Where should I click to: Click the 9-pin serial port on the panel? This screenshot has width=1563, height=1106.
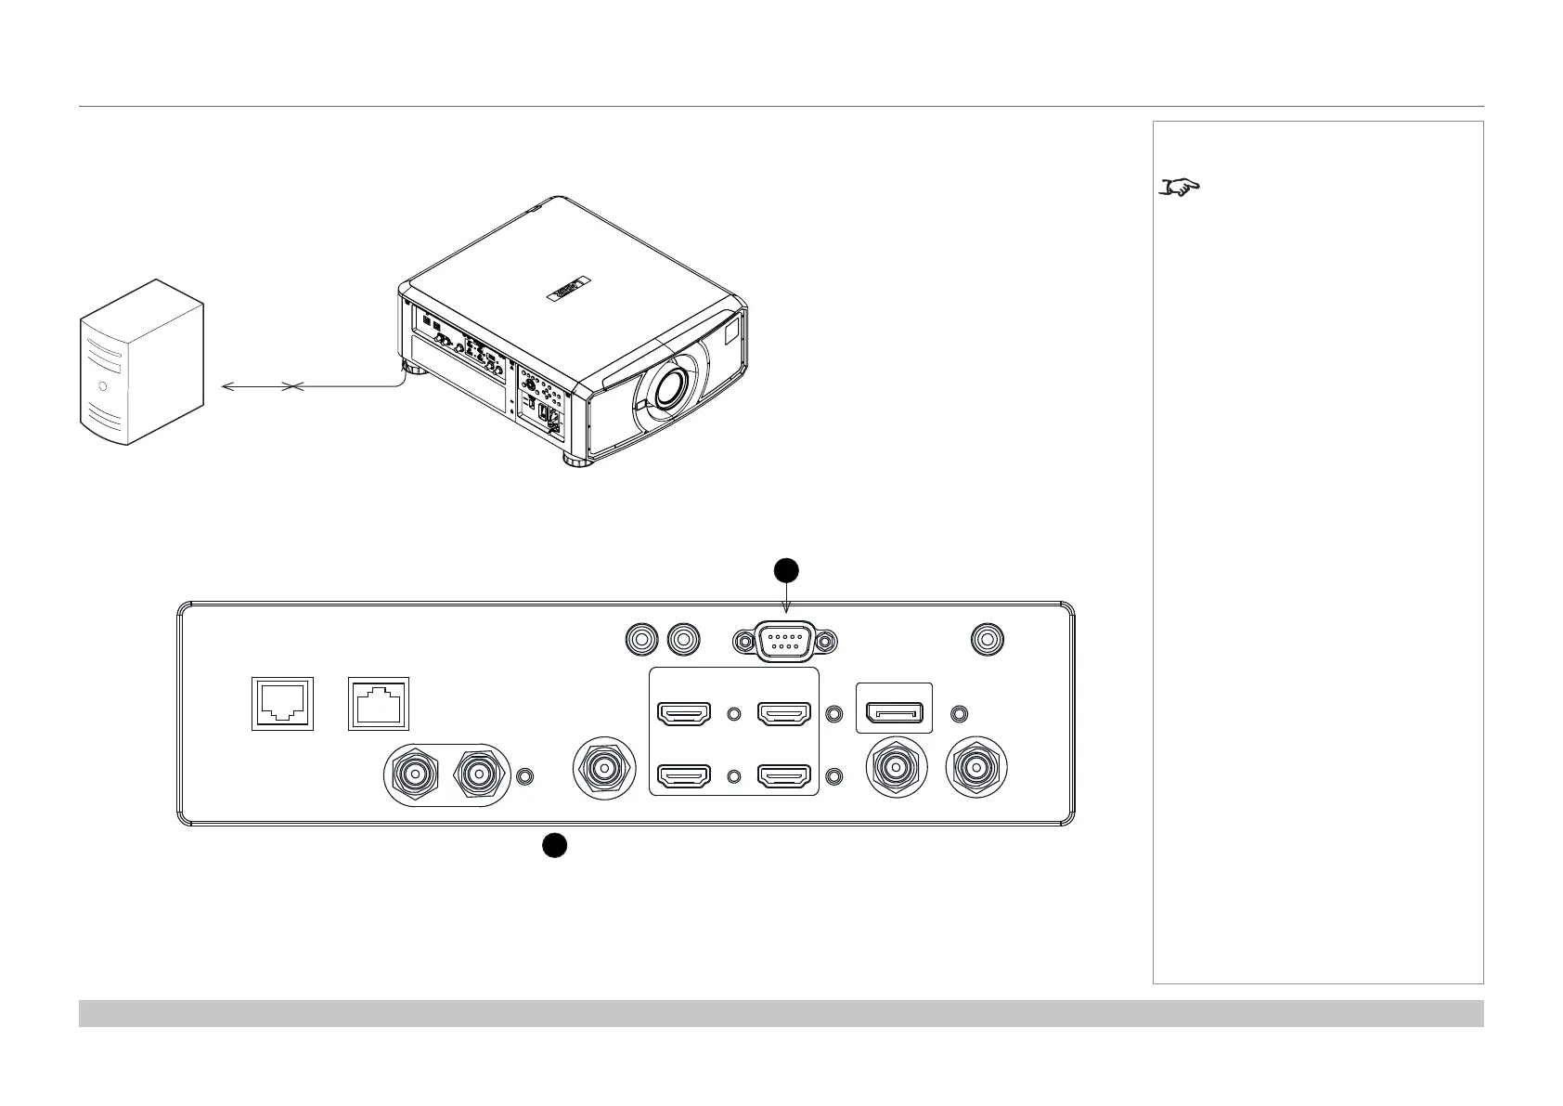[x=785, y=641]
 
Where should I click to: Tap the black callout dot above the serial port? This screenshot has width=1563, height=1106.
[x=786, y=570]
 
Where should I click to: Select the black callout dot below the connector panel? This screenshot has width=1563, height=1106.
[x=554, y=845]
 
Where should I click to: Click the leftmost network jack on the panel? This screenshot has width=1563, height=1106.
[x=282, y=704]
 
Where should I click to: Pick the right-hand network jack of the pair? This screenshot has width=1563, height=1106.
[x=378, y=704]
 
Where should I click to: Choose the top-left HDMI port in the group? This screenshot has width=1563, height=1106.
[x=684, y=714]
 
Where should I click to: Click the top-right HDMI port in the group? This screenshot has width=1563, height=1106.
[x=785, y=714]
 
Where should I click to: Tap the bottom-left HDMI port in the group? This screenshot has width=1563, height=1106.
[x=684, y=774]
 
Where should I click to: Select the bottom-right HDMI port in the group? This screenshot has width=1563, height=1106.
[x=785, y=774]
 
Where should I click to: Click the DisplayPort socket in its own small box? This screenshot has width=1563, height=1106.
[x=893, y=713]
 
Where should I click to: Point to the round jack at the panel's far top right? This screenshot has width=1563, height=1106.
[x=988, y=640]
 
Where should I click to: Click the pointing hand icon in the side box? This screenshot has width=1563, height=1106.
[x=1181, y=188]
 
